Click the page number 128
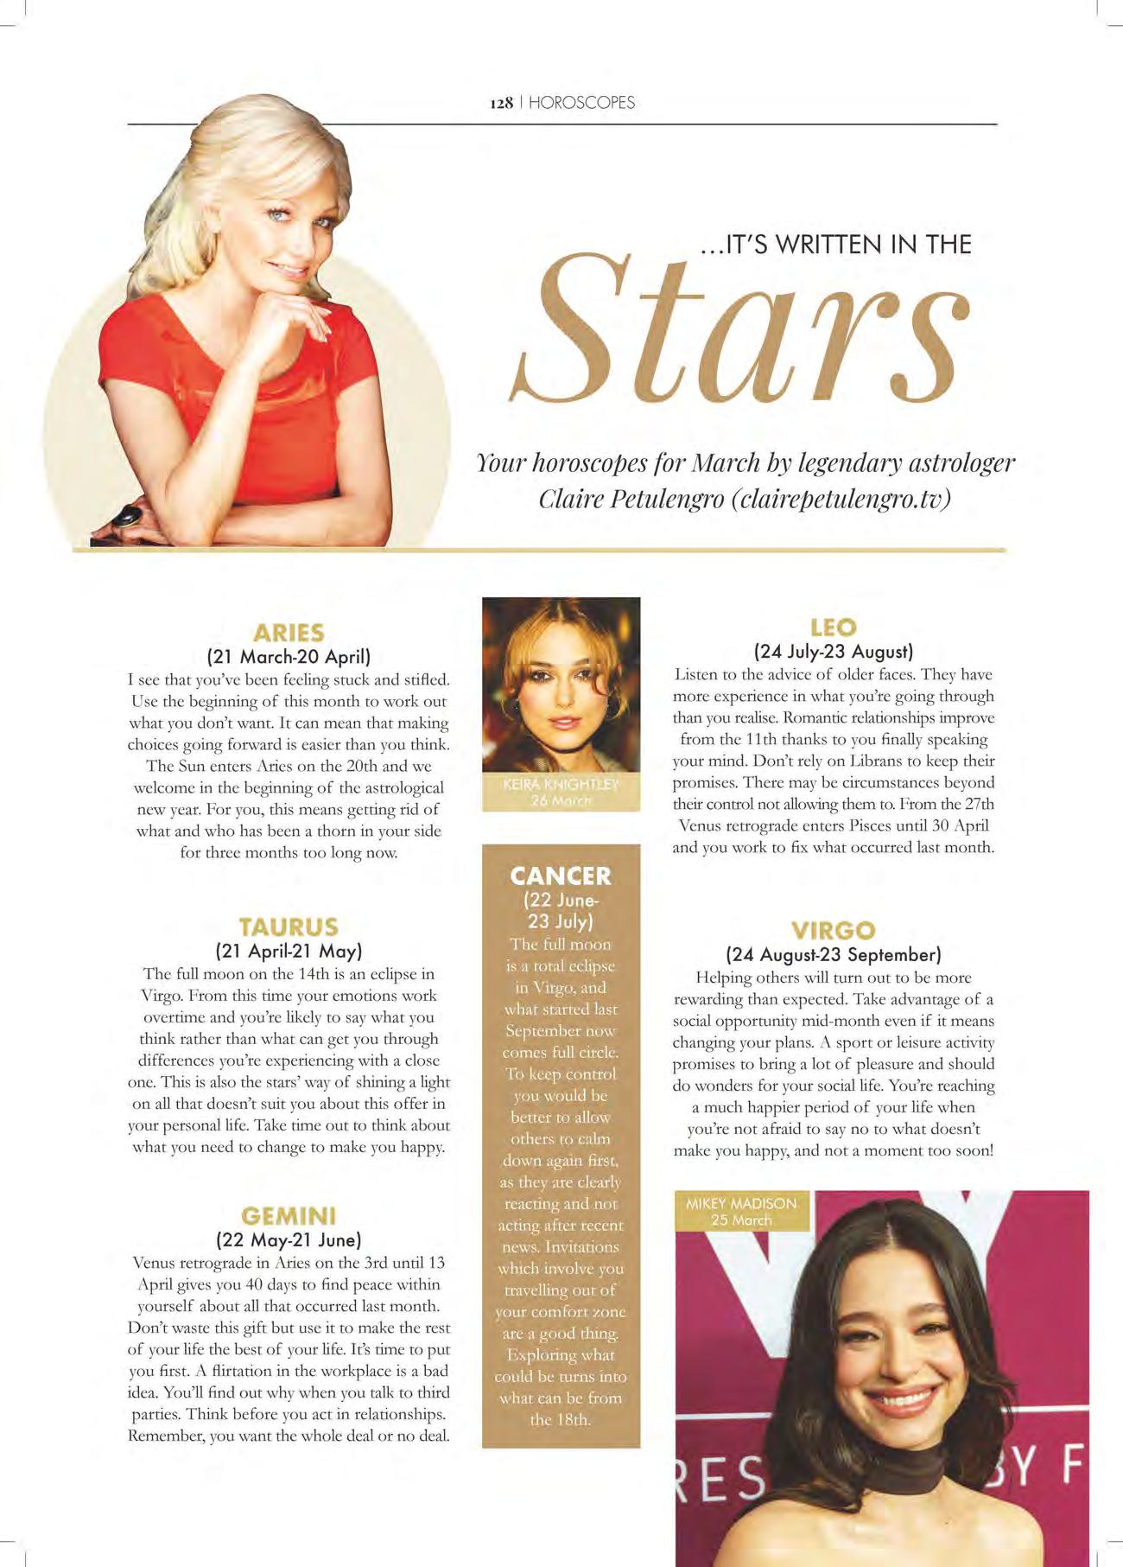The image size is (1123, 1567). click(502, 103)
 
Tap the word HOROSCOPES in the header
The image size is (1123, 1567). click(581, 103)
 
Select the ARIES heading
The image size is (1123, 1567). click(289, 633)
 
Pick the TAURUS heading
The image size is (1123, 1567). click(289, 927)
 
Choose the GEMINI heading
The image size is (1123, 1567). click(289, 1216)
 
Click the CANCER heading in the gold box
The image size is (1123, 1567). click(561, 876)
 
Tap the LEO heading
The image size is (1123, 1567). click(834, 627)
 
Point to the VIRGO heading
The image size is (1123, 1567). click(834, 931)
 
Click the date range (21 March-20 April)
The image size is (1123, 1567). click(289, 656)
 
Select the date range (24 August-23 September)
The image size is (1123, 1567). click(834, 954)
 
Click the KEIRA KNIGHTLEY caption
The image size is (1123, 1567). click(561, 785)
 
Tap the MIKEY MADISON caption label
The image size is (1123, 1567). click(741, 1203)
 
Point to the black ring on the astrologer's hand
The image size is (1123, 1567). click(127, 516)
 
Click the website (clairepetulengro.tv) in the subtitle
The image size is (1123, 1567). click(841, 500)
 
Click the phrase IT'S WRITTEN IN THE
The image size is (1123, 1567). click(835, 245)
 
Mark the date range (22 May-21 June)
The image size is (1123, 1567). click(289, 1239)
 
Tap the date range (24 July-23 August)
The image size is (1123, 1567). click(834, 651)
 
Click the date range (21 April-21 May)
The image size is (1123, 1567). click(289, 951)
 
